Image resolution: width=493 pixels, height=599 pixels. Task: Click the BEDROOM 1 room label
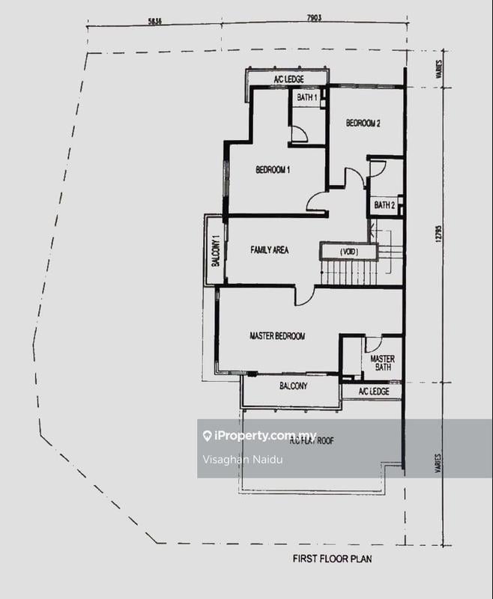273,170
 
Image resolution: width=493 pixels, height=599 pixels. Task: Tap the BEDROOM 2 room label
363,124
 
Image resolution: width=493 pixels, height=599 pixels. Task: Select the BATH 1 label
307,97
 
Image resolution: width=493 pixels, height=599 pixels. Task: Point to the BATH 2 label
384,204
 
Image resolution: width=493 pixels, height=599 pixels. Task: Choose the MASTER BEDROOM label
277,336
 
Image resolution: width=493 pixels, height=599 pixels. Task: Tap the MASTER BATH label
382,363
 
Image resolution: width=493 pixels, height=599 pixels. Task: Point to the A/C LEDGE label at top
287,79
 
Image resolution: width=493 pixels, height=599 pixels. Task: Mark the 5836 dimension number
155,21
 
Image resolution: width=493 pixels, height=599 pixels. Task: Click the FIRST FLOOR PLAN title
332,559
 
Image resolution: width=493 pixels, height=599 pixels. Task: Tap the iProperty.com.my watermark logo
259,437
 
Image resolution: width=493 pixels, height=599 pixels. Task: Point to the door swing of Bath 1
298,134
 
